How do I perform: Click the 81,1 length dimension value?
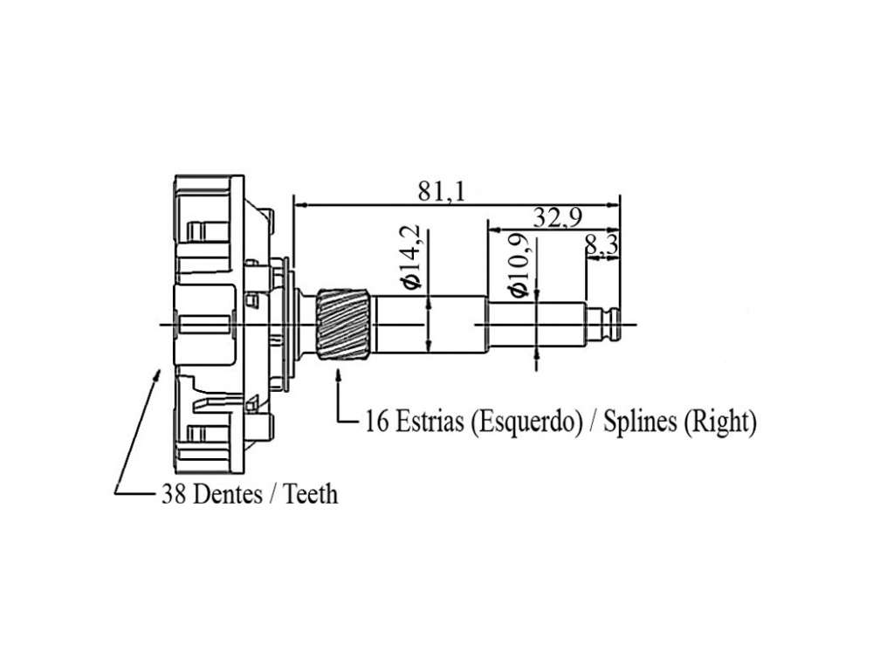click(x=441, y=191)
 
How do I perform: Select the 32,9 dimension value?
click(x=557, y=217)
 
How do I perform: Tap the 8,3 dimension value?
click(x=601, y=245)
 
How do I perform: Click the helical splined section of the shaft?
click(x=344, y=325)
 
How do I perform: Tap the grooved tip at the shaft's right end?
click(x=604, y=325)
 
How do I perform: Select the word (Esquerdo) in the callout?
click(x=526, y=422)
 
